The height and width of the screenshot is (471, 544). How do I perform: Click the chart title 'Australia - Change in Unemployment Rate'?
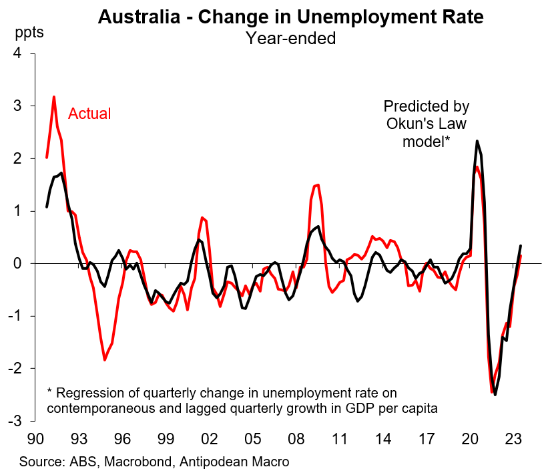tap(290, 17)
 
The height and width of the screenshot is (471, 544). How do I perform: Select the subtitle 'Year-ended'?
tap(290, 38)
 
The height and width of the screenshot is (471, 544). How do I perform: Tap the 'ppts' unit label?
tap(29, 33)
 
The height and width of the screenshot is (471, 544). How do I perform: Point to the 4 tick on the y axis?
tap(31, 54)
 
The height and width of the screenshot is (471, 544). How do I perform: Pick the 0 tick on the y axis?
tap(31, 264)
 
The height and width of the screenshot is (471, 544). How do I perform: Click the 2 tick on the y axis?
tap(31, 159)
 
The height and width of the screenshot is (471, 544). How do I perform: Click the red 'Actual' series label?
tap(89, 114)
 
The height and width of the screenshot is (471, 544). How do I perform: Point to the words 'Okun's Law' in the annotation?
tap(426, 124)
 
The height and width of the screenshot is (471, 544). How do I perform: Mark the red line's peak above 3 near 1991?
tap(53, 98)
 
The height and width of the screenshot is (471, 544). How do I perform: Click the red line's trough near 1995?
tap(105, 360)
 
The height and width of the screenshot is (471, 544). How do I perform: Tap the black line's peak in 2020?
tap(477, 141)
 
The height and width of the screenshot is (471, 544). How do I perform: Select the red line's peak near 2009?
tap(318, 184)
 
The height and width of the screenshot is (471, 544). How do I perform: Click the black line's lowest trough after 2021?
tap(495, 394)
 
